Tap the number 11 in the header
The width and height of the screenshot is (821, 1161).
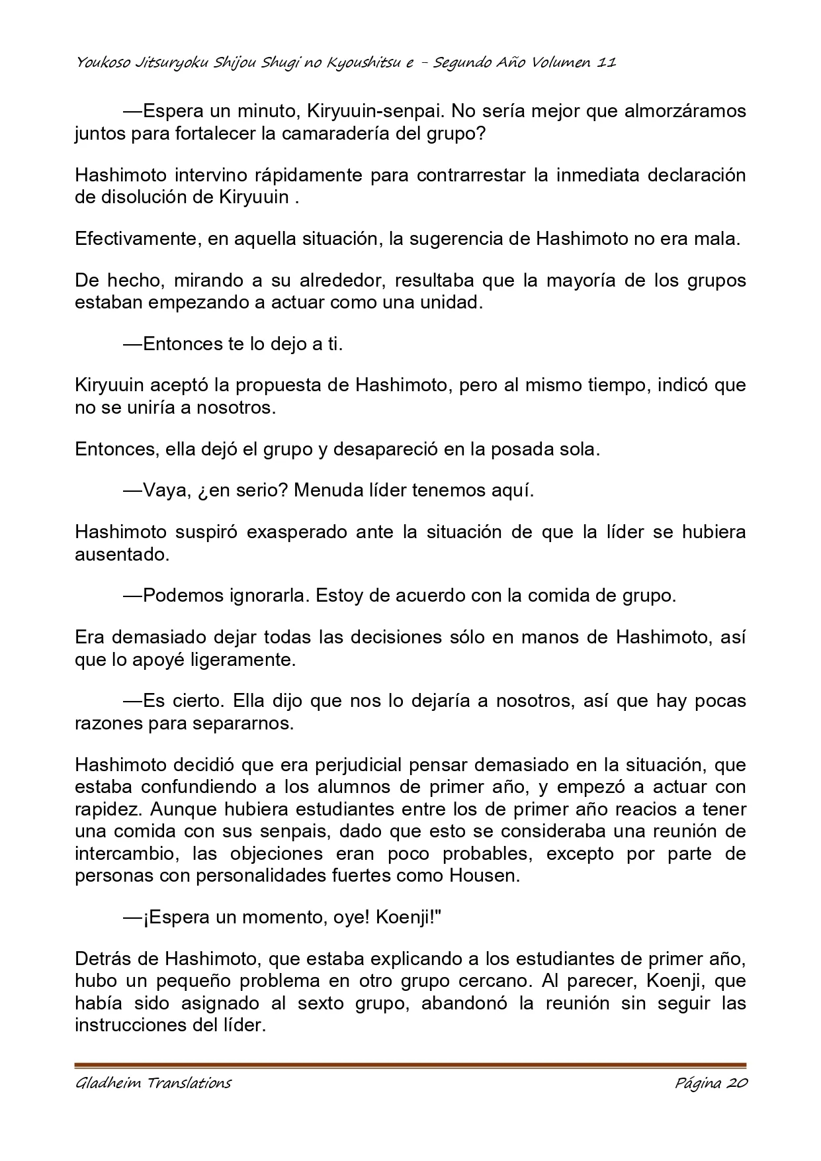(x=607, y=63)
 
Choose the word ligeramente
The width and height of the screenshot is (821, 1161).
(x=239, y=660)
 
